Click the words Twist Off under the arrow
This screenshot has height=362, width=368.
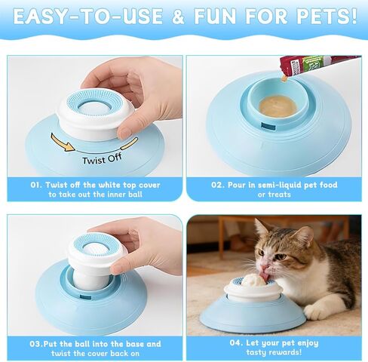(x=102, y=159)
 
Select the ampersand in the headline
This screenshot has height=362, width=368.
(x=178, y=17)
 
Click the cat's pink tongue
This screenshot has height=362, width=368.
(x=265, y=276)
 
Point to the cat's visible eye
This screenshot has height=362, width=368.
(x=281, y=256)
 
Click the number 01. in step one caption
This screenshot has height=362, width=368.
(x=36, y=185)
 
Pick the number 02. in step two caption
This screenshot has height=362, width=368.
(x=217, y=185)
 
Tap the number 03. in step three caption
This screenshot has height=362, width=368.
(x=36, y=344)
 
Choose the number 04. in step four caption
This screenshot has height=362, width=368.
(x=236, y=342)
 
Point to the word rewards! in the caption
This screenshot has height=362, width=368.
(x=286, y=352)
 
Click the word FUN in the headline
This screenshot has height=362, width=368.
(x=215, y=17)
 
